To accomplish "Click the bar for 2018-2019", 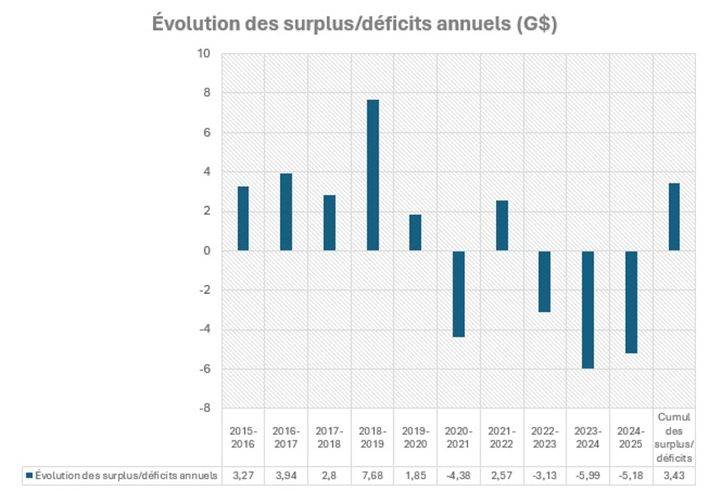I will [372, 175].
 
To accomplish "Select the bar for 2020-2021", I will [459, 293].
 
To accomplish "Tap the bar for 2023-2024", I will [587, 309].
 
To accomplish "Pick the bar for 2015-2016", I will [243, 218].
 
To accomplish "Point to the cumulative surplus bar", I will [674, 217].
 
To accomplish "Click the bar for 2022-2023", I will [545, 281].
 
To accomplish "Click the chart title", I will [354, 23].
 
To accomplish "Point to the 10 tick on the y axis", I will [204, 54].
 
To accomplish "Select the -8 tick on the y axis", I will [204, 408].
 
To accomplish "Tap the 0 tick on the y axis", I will [207, 250].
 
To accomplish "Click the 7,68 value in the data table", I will [372, 475].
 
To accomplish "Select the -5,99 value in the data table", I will [587, 475].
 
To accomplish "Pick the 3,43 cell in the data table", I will [674, 475].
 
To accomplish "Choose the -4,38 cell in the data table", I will [459, 475].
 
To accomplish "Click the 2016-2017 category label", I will [286, 437].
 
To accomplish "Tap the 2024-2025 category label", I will [631, 437].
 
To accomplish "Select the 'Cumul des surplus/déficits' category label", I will [674, 437].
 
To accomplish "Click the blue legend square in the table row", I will [29, 475].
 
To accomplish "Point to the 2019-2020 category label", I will [415, 437].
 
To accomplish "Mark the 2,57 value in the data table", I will [502, 475].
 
